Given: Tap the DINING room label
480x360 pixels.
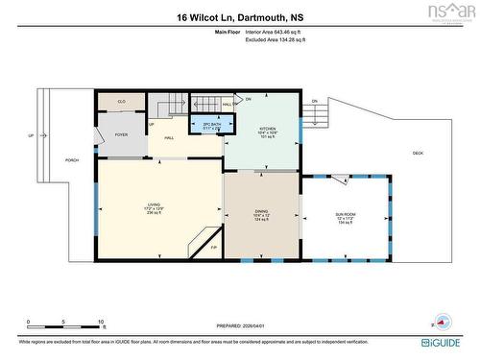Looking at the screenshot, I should [260, 212].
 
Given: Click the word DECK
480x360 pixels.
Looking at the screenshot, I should [418, 154].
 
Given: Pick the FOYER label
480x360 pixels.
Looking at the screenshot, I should [121, 135].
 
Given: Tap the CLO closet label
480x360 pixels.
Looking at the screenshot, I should [122, 101].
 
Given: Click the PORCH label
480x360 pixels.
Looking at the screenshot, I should [71, 160].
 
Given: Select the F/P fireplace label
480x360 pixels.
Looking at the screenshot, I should [214, 249].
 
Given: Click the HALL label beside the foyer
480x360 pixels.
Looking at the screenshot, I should [169, 138].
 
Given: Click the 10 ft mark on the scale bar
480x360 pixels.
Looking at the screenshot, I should [100, 323].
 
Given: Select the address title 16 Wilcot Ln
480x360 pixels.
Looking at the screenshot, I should [239, 17].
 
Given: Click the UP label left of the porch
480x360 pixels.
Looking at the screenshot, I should [31, 135].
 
